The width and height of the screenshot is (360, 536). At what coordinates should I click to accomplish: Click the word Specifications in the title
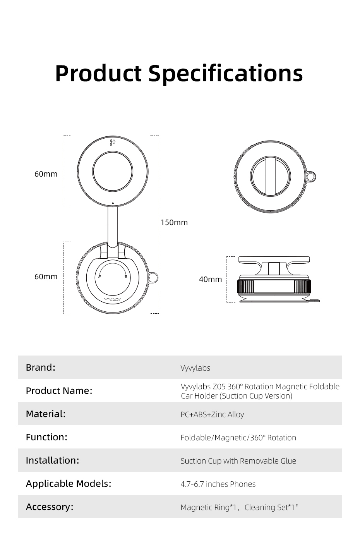click(226, 74)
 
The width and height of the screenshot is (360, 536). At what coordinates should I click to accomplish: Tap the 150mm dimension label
click(174, 223)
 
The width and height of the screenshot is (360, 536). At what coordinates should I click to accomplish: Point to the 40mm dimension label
click(211, 279)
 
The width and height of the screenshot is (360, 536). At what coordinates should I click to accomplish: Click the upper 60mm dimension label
click(46, 174)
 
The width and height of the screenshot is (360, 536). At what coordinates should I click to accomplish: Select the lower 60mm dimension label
click(46, 277)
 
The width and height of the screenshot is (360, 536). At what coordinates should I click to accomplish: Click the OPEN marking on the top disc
click(111, 143)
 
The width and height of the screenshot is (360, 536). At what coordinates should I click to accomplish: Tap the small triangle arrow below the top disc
click(113, 203)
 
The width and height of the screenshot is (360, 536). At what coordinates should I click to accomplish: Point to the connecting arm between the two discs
click(113, 226)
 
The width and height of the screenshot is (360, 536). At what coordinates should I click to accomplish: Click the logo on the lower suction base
click(113, 299)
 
